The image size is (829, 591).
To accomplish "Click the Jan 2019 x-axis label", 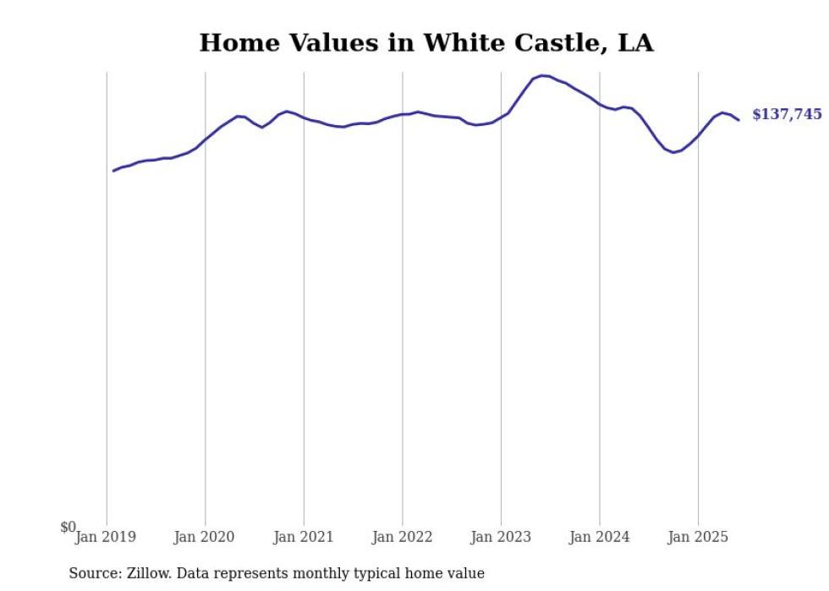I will point(106,537).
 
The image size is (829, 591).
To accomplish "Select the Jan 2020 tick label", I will point(205,537).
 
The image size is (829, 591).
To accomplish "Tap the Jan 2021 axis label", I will point(303,537).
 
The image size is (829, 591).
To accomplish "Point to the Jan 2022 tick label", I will point(402,537).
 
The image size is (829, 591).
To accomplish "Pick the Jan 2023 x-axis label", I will point(501,537).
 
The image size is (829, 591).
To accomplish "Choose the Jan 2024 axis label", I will point(599,537).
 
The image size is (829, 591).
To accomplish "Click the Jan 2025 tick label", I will point(698,537).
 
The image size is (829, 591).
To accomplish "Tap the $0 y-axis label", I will point(68,528).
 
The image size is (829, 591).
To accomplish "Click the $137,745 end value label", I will point(787,114).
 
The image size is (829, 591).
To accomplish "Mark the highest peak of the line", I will point(543,75).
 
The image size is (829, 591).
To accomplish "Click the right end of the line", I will point(738,119).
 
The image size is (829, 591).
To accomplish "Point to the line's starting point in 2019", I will point(113,171).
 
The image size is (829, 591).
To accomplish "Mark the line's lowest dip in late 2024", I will point(673,152).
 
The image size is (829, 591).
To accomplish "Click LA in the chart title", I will point(635,43).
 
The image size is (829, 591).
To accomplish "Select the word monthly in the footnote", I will point(352,573).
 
